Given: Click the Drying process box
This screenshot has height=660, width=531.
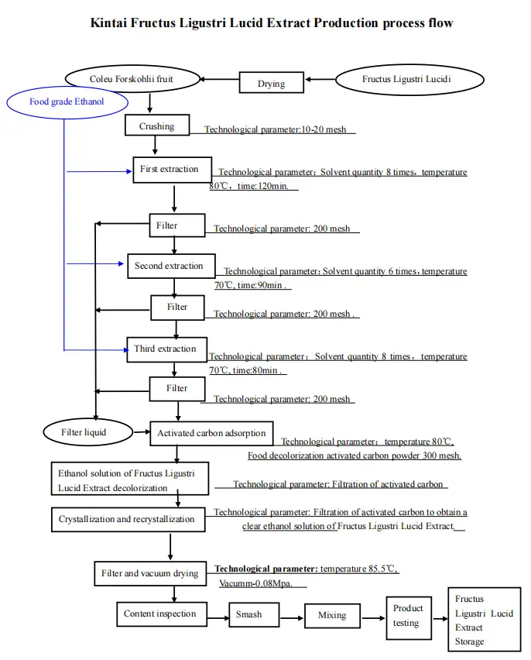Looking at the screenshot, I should (x=271, y=83).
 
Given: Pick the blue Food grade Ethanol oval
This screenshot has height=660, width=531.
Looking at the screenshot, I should (x=67, y=101).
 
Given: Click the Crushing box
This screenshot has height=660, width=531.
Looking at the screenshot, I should (x=157, y=125).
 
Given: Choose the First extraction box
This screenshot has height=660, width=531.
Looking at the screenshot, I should (x=170, y=170).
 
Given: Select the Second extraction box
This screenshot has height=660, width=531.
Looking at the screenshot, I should (x=170, y=266).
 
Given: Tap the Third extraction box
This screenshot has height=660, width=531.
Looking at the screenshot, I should (x=166, y=349).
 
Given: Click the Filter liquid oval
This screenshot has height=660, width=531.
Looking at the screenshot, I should (x=84, y=431).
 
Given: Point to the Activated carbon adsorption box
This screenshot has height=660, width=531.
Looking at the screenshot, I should (x=211, y=433).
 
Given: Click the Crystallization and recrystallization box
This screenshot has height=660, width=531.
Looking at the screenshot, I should (x=128, y=519).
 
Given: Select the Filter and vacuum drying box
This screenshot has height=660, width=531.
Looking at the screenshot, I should (x=150, y=574).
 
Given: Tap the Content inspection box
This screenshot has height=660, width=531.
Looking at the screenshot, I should (x=160, y=614).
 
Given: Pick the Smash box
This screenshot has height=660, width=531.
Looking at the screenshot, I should (x=248, y=615).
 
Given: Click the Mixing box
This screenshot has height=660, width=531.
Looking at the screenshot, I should (x=332, y=617).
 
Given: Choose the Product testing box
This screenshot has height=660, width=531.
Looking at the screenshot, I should (x=409, y=617).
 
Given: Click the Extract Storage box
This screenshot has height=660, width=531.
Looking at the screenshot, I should (x=485, y=620).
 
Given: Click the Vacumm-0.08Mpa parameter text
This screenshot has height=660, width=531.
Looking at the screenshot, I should (x=256, y=583).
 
